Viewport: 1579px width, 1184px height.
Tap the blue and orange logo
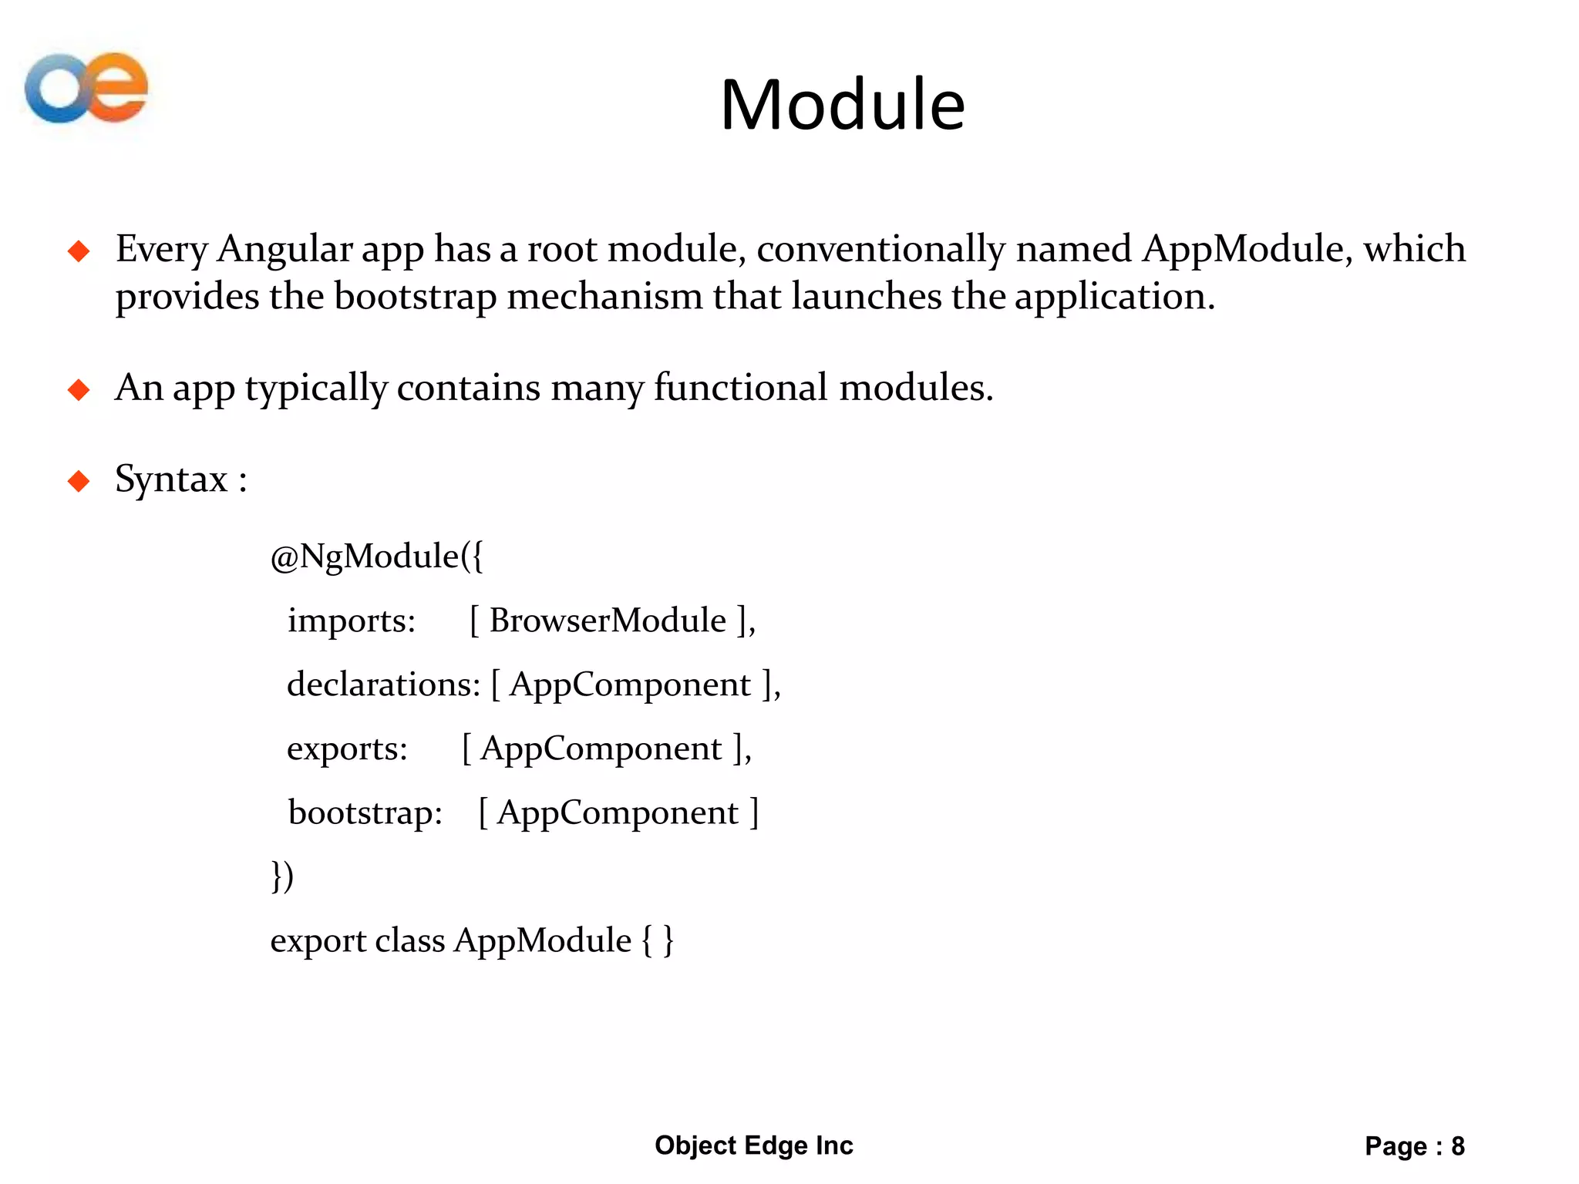click(x=86, y=88)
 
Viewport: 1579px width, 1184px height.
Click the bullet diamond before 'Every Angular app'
click(x=79, y=251)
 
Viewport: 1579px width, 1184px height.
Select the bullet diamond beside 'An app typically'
click(x=79, y=389)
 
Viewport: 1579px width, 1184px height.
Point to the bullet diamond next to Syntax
click(x=79, y=481)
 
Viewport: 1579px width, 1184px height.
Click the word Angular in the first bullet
click(x=284, y=250)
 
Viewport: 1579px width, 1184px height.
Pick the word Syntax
click(x=171, y=479)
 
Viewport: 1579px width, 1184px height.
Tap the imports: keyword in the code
click(x=352, y=621)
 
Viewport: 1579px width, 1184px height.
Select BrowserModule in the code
click(x=608, y=621)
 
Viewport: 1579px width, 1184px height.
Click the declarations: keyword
click(x=383, y=684)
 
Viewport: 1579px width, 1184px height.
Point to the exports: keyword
click(x=347, y=749)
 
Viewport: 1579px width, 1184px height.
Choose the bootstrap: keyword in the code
click(x=365, y=813)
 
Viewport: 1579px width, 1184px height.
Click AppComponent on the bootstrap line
click(x=618, y=813)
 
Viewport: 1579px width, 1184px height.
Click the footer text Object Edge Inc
click(x=753, y=1145)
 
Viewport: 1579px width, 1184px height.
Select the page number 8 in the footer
click(x=1457, y=1146)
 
